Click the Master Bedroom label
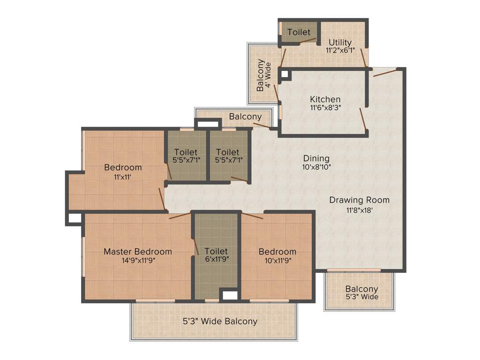point(137,252)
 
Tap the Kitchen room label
point(325,99)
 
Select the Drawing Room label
point(359,200)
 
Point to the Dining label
point(316,158)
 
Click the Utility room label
point(340,43)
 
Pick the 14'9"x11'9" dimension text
point(138,261)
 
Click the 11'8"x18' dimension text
point(359,210)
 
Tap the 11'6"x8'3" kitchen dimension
point(325,107)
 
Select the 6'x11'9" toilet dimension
point(216,259)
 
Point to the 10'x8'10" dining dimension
point(316,167)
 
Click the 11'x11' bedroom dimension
point(123,177)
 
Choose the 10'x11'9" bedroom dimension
point(277,261)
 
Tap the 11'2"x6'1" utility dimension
point(340,50)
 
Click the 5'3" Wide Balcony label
point(220,322)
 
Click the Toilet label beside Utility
point(299,32)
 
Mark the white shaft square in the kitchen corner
point(285,74)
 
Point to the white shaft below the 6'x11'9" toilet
point(229,296)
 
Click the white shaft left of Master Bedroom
point(75,218)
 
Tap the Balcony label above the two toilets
point(245,117)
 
